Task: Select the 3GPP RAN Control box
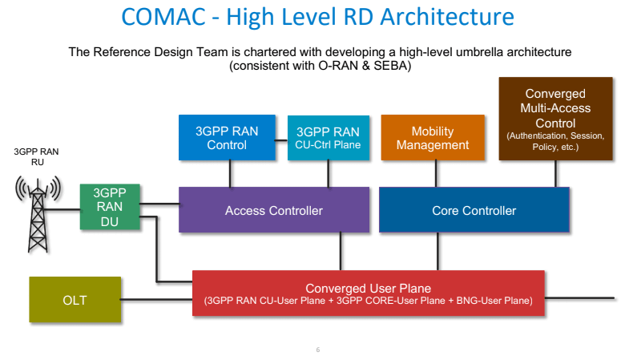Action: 227,137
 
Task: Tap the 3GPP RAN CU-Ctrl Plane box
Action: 329,137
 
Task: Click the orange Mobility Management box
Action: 432,137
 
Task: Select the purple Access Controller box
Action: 273,210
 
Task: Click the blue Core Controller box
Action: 474,210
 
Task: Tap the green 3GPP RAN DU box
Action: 110,207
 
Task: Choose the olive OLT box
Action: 75,301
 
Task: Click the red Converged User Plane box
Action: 368,293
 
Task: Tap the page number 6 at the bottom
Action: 317,350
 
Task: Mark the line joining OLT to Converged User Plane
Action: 156,301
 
